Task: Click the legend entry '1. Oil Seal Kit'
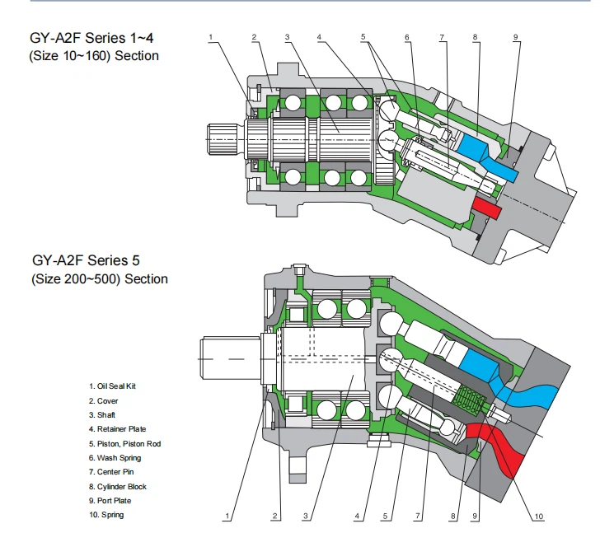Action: (112, 386)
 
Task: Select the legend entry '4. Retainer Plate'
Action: (118, 429)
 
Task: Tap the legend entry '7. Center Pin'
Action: (111, 472)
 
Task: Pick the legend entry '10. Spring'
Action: (106, 515)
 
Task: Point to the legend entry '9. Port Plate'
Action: (110, 501)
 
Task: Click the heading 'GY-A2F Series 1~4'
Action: (91, 38)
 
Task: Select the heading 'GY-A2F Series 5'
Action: (86, 260)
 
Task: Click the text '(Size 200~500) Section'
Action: (100, 279)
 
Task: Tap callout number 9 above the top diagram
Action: (515, 37)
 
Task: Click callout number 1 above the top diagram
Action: (210, 37)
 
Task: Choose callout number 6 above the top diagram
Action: (407, 37)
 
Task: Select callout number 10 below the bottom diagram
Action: (538, 517)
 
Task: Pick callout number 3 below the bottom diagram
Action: (305, 516)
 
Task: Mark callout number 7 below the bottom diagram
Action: (418, 516)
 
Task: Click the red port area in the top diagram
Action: (487, 208)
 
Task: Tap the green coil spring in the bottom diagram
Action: (470, 399)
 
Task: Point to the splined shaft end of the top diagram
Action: (226, 139)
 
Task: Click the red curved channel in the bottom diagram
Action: (498, 446)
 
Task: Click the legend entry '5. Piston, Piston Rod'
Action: (124, 444)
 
